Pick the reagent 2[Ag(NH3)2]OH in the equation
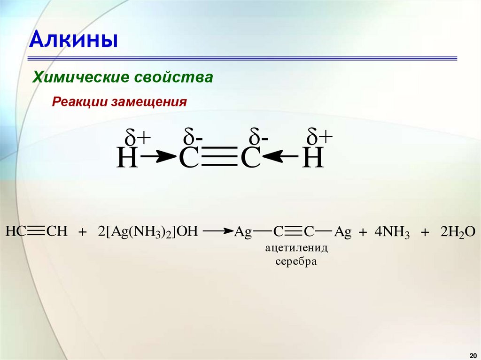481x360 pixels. [x=149, y=232]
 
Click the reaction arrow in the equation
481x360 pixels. [x=218, y=231]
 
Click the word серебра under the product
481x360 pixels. [x=296, y=261]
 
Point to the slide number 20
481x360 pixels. [x=473, y=353]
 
